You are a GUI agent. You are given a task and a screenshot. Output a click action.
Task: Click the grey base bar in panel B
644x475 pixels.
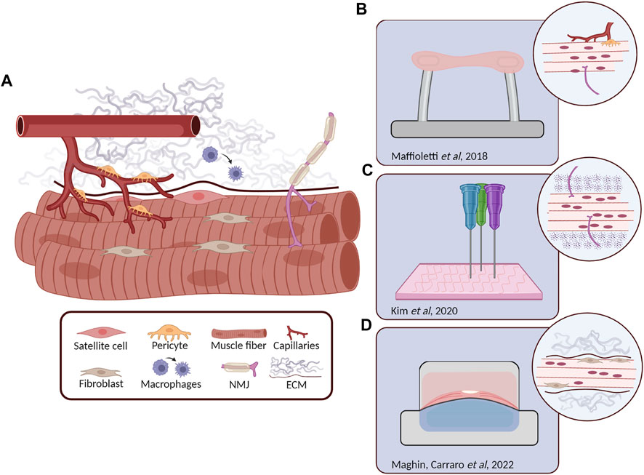tap(466, 129)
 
